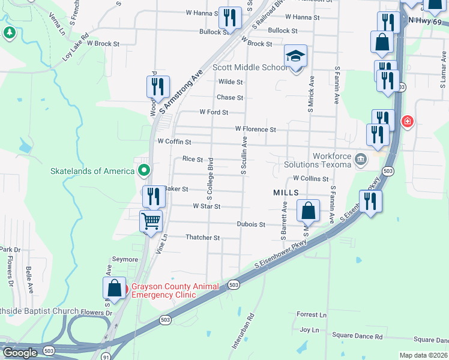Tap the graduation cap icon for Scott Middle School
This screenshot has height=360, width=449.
pyautogui.click(x=295, y=57)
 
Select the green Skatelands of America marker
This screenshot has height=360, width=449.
pyautogui.click(x=143, y=171)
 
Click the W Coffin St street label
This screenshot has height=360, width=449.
pyautogui.click(x=174, y=142)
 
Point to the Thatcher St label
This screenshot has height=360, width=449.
pyautogui.click(x=203, y=238)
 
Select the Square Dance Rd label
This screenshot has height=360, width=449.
pyautogui.click(x=357, y=337)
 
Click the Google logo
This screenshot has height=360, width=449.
pyautogui.click(x=20, y=353)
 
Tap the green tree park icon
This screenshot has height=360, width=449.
pyautogui.click(x=9, y=32)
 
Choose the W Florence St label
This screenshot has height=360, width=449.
pyautogui.click(x=255, y=129)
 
